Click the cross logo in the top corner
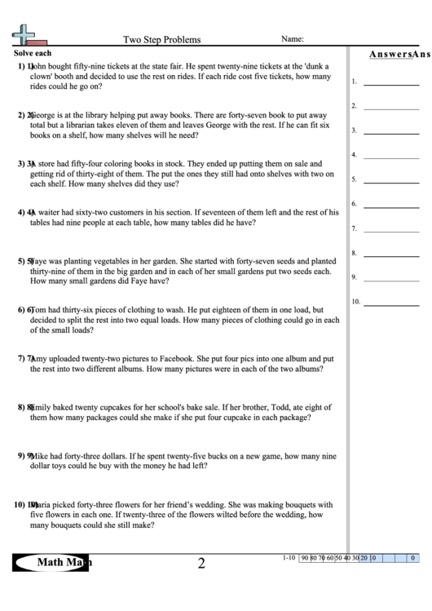[24, 34]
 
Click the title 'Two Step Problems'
[161, 38]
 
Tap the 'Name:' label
[293, 38]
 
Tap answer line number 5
[385, 182]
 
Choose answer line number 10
[385, 304]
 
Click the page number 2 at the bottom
[201, 563]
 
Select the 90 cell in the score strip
[305, 559]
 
